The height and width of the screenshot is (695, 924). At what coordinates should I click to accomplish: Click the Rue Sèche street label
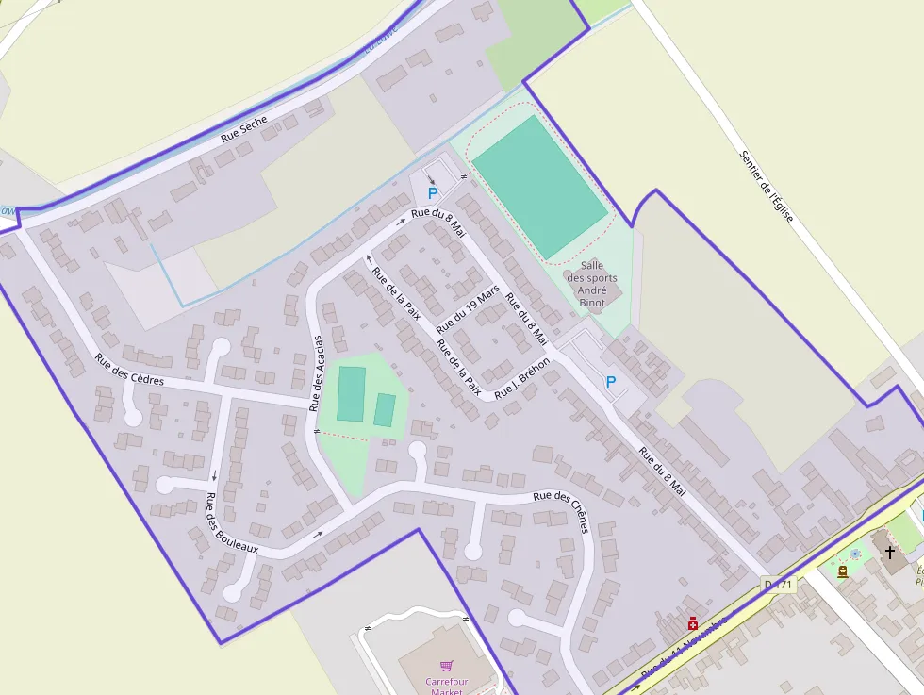244,129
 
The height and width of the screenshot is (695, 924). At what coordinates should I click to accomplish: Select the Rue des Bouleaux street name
231,522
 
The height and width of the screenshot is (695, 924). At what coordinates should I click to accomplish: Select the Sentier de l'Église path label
767,186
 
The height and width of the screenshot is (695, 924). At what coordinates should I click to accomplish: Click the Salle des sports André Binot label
592,284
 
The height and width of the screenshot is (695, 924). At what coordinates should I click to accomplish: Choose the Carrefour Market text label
446,687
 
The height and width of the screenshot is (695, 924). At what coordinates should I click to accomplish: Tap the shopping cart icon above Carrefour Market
446,665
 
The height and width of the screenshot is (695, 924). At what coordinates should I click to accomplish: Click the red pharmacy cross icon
693,623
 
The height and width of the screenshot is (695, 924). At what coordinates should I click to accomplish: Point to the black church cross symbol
889,552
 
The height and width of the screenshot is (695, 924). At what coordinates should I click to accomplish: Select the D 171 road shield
780,585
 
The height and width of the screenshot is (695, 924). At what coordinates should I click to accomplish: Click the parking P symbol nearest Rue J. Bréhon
610,382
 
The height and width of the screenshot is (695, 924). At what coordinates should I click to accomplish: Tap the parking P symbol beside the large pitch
433,193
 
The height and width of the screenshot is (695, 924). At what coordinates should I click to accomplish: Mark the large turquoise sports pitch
539,187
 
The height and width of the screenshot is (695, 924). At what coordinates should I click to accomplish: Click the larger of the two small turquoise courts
352,394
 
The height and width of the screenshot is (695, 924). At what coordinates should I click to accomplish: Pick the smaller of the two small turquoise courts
385,410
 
